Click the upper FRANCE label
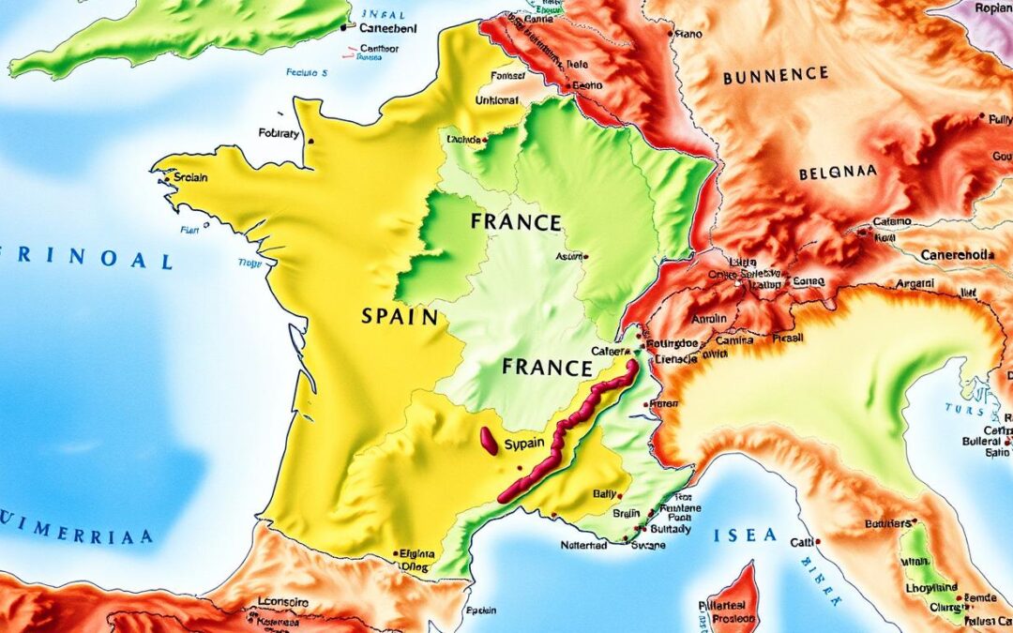pos(517,223)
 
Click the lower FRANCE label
pos(547,367)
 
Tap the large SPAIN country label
pos(399,317)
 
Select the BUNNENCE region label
pos(777,74)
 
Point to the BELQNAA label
pos(839,174)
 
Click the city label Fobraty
pos(279,134)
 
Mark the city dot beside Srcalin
pos(167,175)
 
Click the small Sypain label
pos(525,444)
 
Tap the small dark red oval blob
pos(489,441)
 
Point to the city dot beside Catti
pos(818,541)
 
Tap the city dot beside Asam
pos(586,255)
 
